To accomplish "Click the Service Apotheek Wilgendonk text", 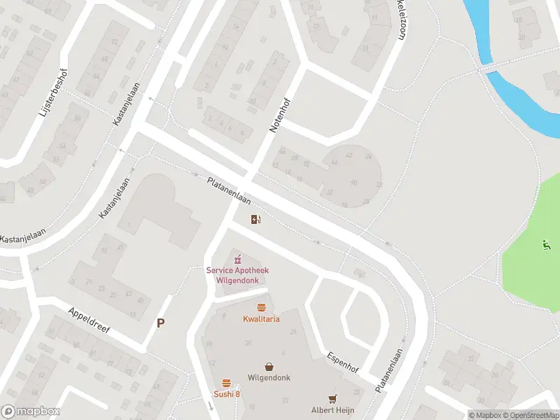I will (237, 274).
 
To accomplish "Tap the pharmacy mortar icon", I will (237, 260).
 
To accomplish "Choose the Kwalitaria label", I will (261, 319).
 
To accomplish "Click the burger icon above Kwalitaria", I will (261, 308).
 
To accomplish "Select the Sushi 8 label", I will (227, 394).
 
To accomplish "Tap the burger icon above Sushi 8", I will (227, 383).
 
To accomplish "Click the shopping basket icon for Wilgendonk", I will (269, 366).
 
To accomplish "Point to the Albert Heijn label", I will (332, 409).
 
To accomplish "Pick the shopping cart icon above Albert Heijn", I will (332, 398).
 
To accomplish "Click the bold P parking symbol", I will (161, 323).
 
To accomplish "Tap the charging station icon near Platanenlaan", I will (256, 220).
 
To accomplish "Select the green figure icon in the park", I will (546, 244).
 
